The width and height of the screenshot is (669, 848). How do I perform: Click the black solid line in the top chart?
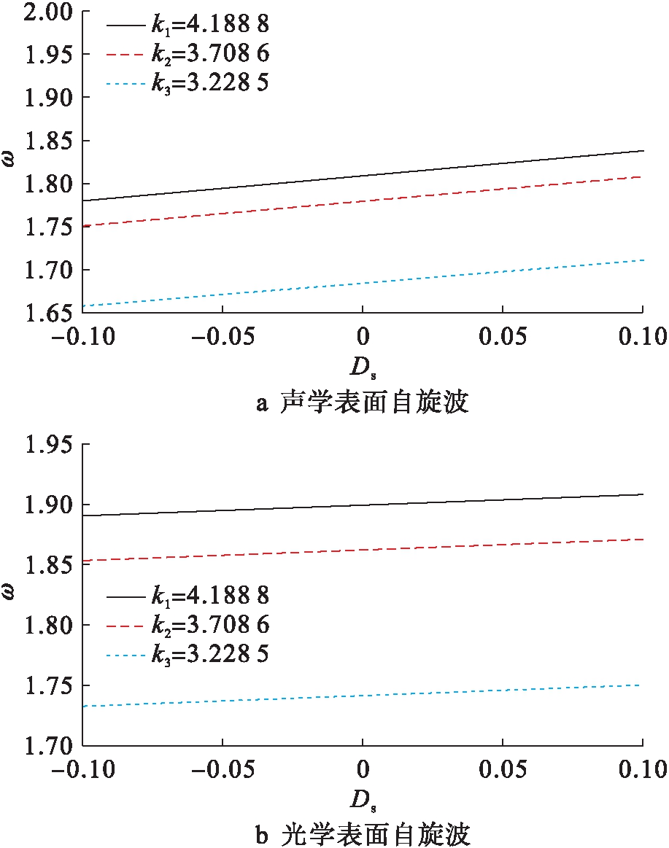click(x=363, y=176)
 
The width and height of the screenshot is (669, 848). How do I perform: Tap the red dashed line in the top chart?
click(x=363, y=201)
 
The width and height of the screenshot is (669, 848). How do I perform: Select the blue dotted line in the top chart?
click(x=363, y=281)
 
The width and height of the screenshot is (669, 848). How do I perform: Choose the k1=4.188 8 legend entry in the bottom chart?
click(x=188, y=596)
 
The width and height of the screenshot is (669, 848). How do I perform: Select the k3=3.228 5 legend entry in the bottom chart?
click(x=188, y=654)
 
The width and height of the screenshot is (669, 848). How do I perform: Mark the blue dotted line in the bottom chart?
click(x=363, y=696)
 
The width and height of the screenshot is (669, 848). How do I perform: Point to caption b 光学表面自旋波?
click(x=363, y=833)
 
